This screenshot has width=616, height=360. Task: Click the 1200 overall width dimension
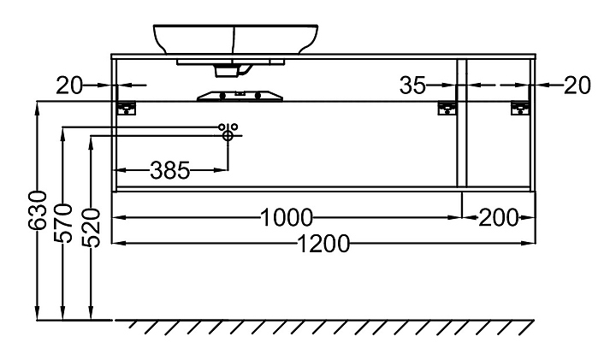323,244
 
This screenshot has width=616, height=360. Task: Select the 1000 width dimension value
287,217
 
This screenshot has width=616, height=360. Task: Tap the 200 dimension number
499,217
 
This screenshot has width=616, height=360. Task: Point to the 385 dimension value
169,170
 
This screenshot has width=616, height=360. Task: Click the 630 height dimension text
38,211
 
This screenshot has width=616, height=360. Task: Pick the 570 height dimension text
62,223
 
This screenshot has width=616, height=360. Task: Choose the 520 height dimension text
92,228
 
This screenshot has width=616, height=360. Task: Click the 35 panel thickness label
412,86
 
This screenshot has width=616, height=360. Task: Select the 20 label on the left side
69,86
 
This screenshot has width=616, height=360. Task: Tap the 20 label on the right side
577,86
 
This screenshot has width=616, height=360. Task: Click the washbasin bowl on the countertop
235,39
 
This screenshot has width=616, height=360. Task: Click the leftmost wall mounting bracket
127,108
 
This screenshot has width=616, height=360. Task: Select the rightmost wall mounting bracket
520,109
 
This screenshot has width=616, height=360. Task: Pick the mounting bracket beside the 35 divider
447,109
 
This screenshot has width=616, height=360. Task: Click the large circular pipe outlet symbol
228,135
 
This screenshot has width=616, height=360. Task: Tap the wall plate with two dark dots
240,96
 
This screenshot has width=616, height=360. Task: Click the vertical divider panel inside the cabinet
462,123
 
